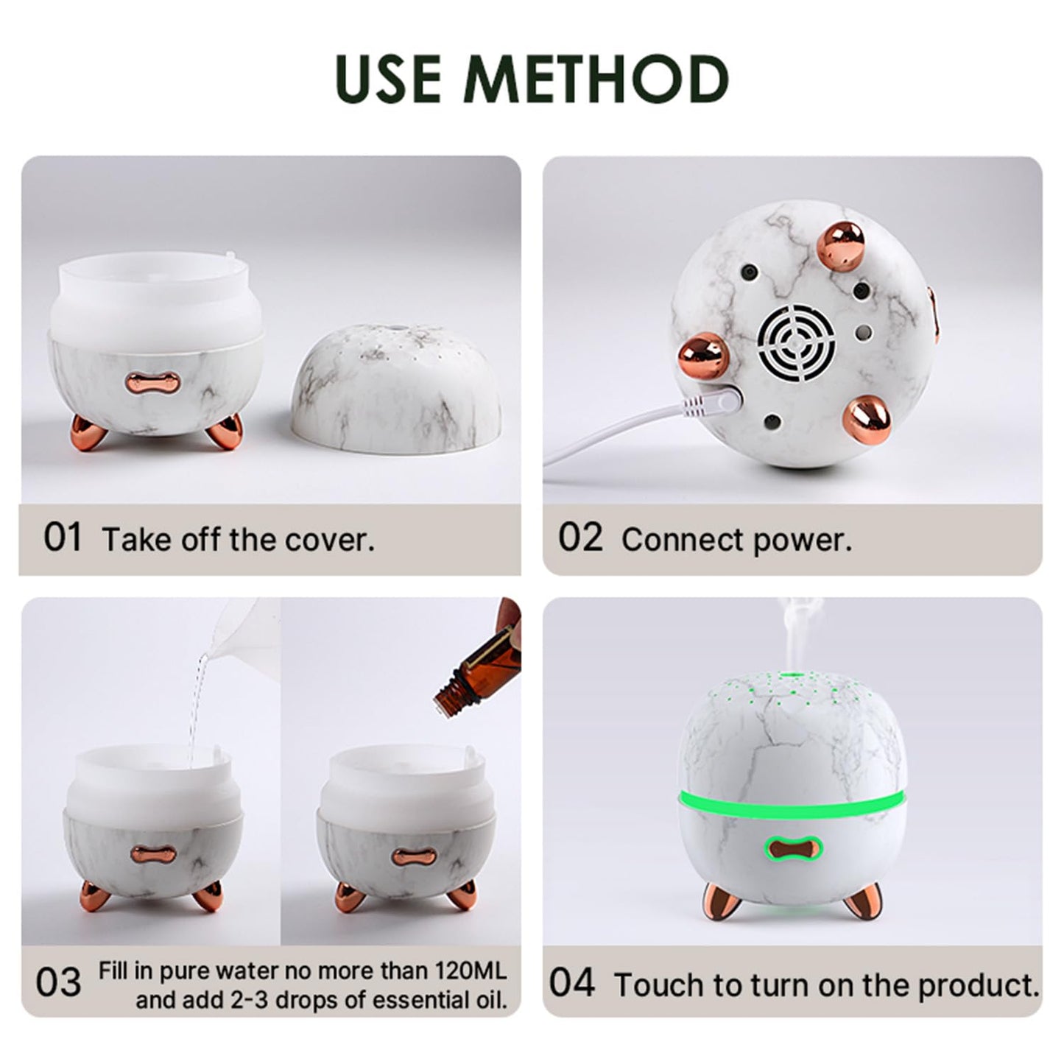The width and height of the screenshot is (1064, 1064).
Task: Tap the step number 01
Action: pyautogui.click(x=63, y=538)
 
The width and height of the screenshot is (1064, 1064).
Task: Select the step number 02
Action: pyautogui.click(x=579, y=538)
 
